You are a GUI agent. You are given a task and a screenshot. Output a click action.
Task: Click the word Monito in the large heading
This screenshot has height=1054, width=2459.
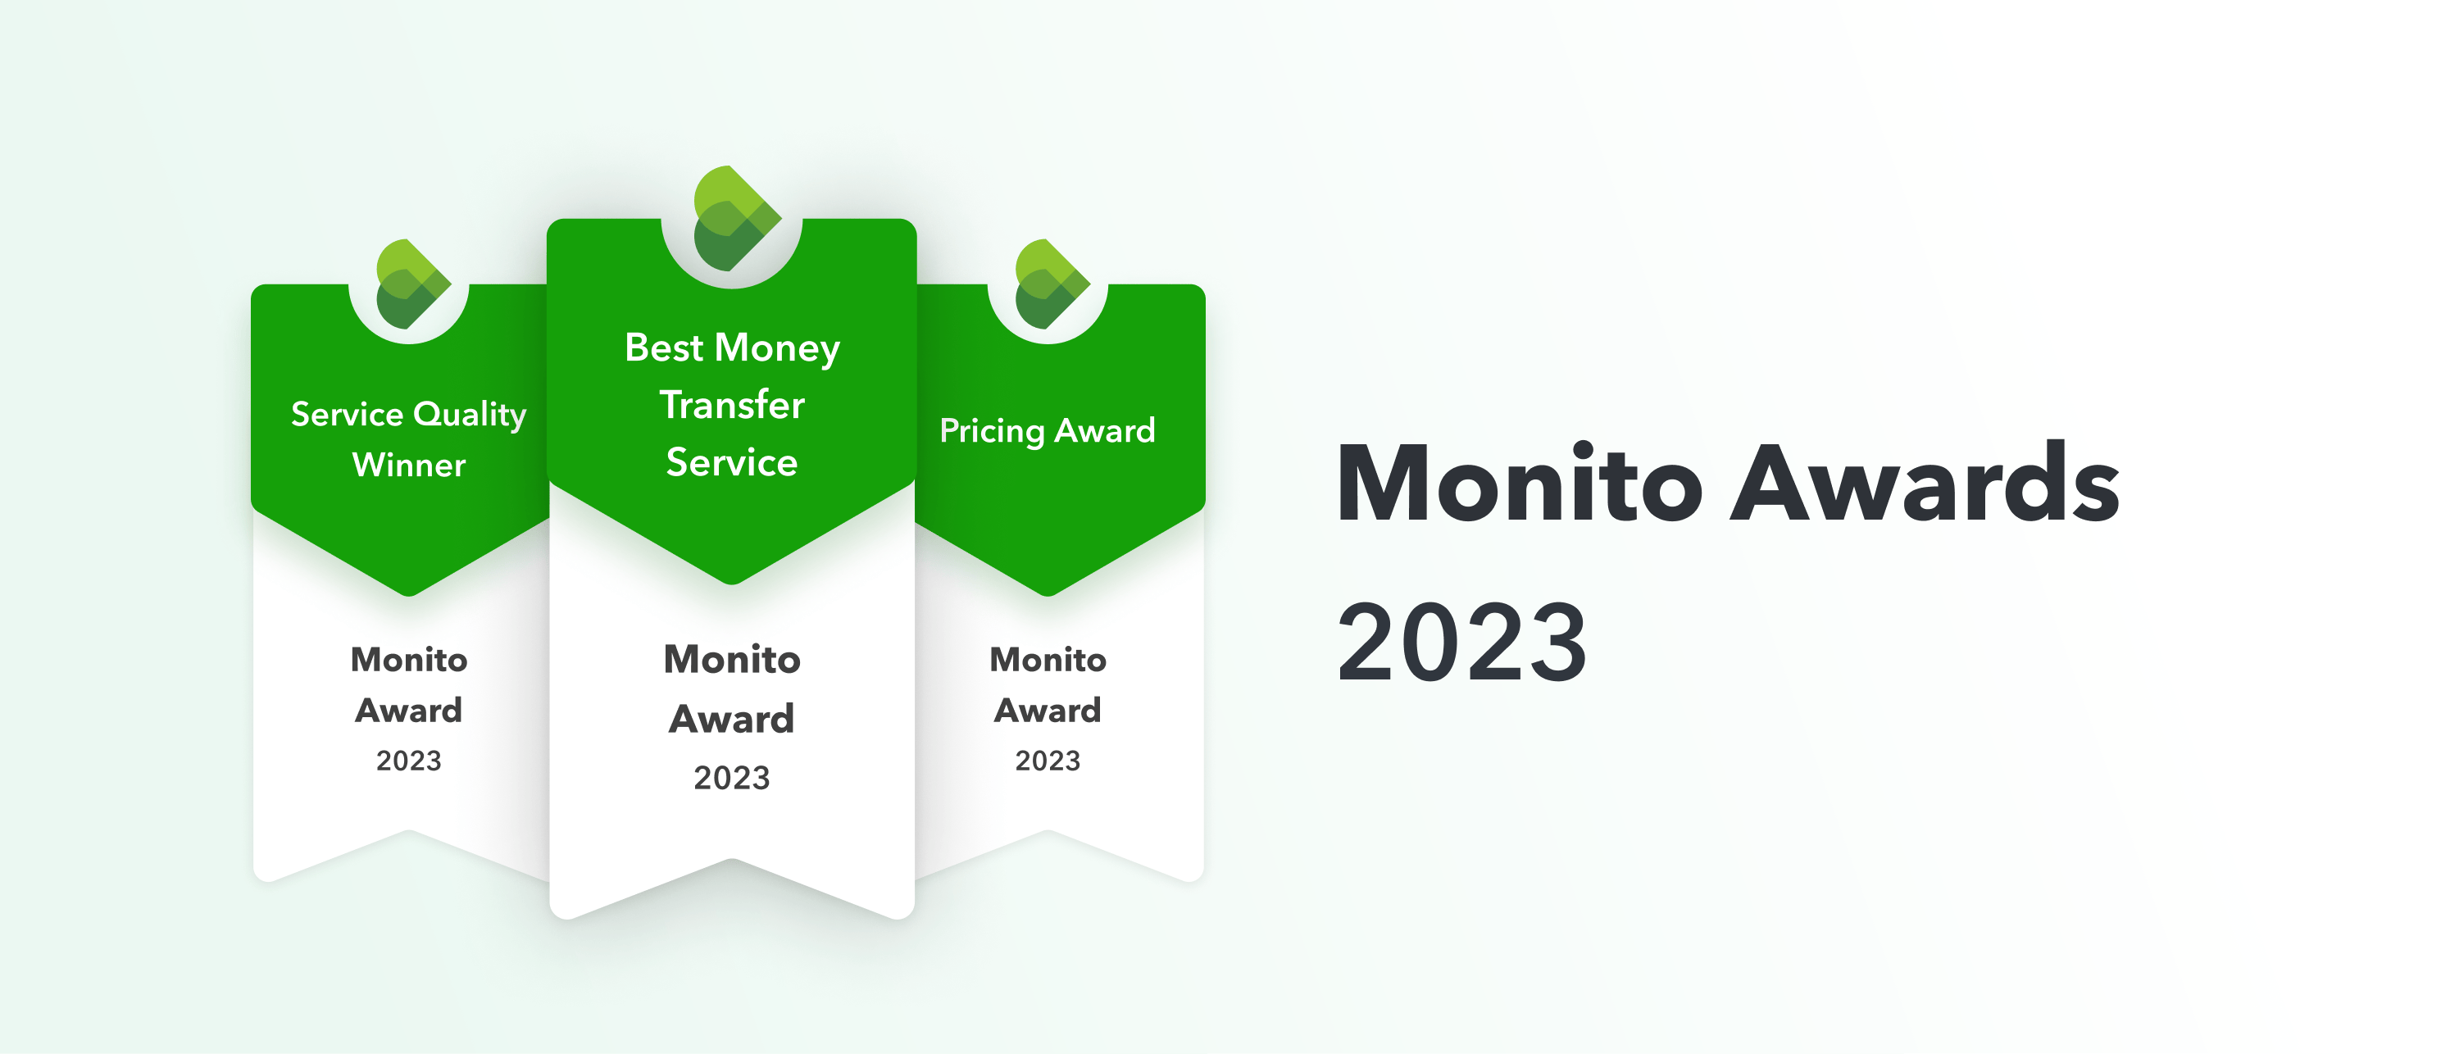coord(1519,484)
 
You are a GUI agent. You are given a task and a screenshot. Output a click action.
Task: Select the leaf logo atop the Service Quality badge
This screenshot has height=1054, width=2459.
coord(411,284)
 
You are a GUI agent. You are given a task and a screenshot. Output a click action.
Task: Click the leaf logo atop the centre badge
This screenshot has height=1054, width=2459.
coord(733,219)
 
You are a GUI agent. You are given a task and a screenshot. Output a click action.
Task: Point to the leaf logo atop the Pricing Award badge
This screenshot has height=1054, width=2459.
coord(1049,284)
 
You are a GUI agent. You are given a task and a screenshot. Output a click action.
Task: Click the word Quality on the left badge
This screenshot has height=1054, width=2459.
coord(470,415)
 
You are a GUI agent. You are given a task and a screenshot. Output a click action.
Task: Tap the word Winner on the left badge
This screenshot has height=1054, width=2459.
coord(408,465)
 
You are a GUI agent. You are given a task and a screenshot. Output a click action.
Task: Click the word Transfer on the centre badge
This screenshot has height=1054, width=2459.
coord(732,405)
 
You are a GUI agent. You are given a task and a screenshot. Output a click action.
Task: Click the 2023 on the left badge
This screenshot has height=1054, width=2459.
coord(408,761)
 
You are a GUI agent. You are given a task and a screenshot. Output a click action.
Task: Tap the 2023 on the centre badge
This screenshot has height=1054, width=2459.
coord(732,778)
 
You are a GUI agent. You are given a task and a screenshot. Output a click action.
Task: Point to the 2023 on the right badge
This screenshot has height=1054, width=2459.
coord(1048,761)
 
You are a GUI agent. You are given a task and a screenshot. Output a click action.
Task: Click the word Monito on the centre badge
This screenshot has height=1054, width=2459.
coord(732,660)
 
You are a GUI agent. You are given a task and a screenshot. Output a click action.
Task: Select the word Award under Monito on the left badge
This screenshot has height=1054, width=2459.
coord(408,711)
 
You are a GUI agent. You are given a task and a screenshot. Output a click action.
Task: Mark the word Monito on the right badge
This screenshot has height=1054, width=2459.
coord(1048,660)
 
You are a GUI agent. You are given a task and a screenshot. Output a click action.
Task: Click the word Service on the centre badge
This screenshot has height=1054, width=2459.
coord(732,463)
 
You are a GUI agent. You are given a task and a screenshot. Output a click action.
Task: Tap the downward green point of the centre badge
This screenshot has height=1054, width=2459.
coord(732,573)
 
